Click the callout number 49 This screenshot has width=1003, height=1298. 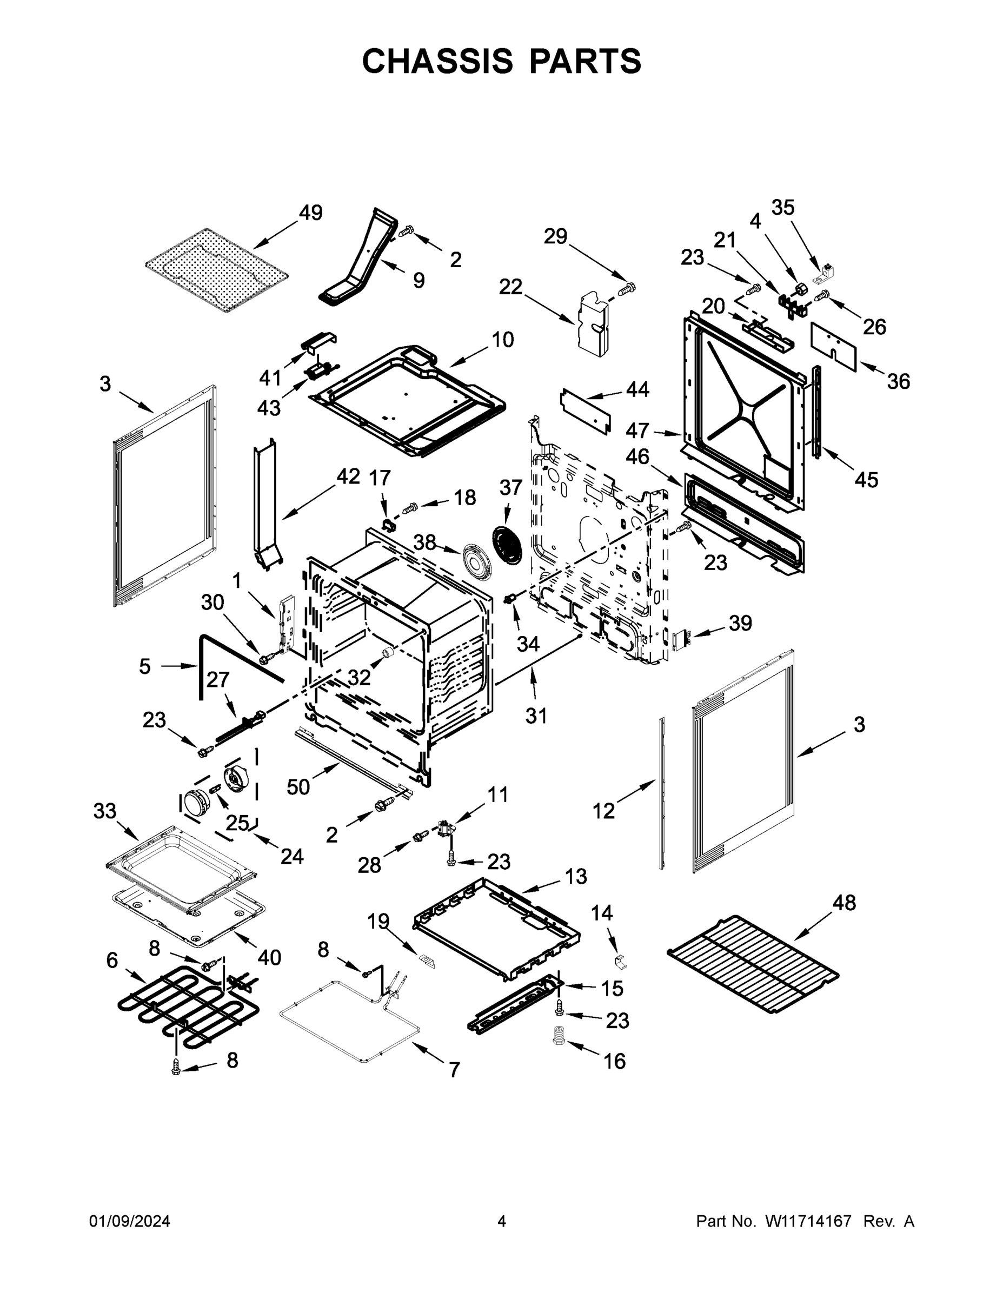click(x=310, y=213)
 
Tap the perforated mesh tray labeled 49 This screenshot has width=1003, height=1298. click(x=217, y=271)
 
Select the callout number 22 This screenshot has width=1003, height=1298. click(x=510, y=287)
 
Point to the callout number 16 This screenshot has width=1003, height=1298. click(x=614, y=1061)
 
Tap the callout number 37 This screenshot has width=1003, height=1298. click(x=510, y=487)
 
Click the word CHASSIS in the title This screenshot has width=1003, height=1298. click(x=437, y=61)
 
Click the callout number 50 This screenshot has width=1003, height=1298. click(x=298, y=787)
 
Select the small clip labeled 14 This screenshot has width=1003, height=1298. click(x=619, y=960)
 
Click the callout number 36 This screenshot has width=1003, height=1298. click(x=899, y=381)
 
